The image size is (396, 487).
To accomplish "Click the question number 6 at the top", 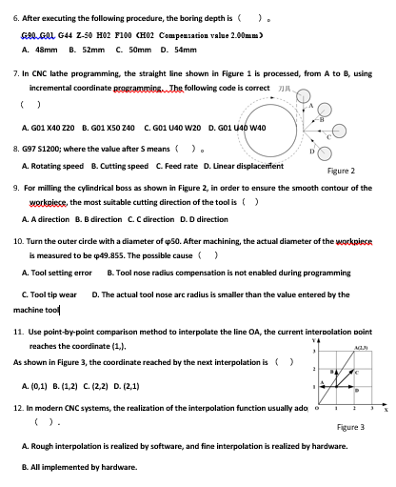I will (17, 16).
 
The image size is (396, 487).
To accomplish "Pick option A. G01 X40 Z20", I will (49, 126).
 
